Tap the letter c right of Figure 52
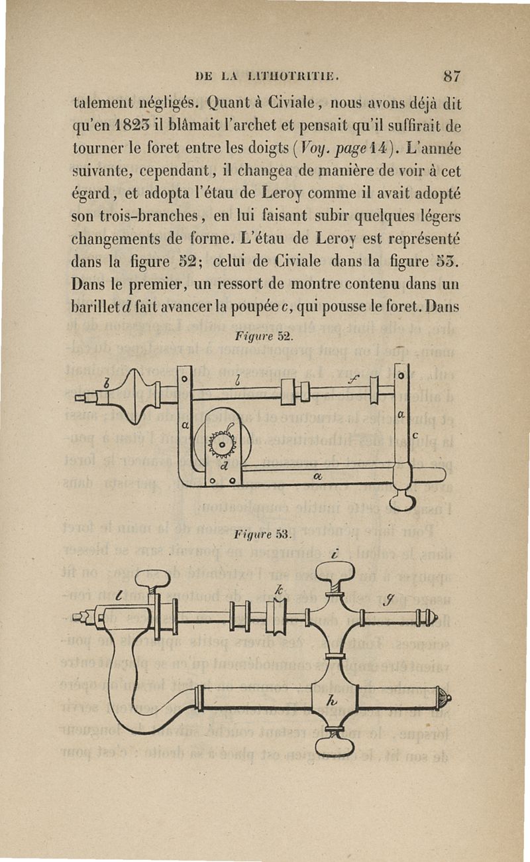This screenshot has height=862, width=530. click(415, 436)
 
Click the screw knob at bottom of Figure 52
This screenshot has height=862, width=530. click(403, 501)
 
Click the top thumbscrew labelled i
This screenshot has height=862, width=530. click(335, 572)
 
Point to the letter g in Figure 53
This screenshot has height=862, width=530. click(388, 600)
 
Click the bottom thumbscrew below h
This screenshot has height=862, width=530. click(335, 744)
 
